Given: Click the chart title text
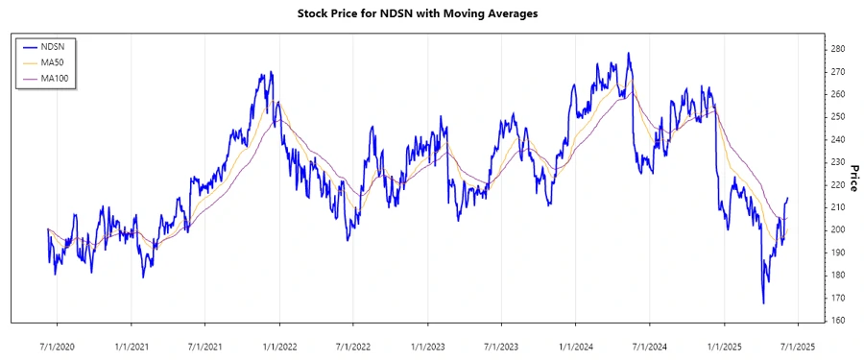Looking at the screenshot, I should click(432, 14).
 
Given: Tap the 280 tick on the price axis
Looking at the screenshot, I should click(837, 49).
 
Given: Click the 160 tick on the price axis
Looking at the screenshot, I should click(837, 321).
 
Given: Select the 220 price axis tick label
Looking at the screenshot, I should click(837, 184).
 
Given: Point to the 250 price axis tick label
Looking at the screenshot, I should click(837, 117).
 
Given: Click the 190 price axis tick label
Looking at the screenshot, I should click(837, 252).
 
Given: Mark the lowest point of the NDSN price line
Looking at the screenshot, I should click(763, 303).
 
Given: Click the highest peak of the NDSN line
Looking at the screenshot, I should click(629, 54).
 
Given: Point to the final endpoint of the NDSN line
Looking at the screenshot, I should click(788, 199).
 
